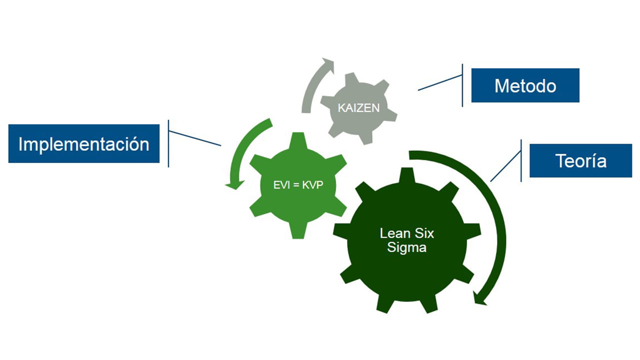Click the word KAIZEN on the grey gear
pyautogui.click(x=358, y=107)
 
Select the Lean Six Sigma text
pyautogui.click(x=406, y=240)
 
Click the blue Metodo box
pyautogui.click(x=525, y=85)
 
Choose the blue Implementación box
pyautogui.click(x=84, y=144)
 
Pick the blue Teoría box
pyautogui.click(x=580, y=160)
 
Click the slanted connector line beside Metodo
pyautogui.click(x=440, y=83)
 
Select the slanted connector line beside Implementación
pyautogui.click(x=195, y=138)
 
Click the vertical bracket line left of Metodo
pyautogui.click(x=462, y=85)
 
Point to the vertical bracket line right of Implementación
pyautogui.click(x=168, y=143)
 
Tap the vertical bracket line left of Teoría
pyautogui.click(x=521, y=160)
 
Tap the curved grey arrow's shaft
pyautogui.click(x=309, y=90)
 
